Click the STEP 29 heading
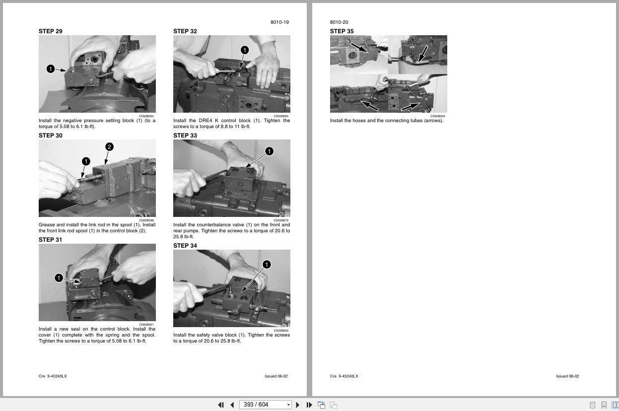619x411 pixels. (x=51, y=31)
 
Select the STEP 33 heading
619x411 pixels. (x=185, y=136)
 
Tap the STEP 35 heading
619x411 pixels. (x=342, y=31)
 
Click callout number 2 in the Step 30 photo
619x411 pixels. (x=109, y=147)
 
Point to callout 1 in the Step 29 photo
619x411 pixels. (x=51, y=69)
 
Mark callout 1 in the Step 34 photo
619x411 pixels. (x=267, y=265)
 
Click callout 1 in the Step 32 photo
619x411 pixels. (x=244, y=50)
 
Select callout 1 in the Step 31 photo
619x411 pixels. (x=59, y=278)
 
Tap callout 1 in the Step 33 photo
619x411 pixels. (x=269, y=151)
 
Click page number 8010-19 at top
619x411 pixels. (x=279, y=22)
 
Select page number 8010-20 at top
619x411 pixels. (x=339, y=22)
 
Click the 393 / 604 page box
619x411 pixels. (x=262, y=405)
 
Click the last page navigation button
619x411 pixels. (x=309, y=405)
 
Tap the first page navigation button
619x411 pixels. (x=221, y=405)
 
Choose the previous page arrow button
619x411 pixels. (x=232, y=405)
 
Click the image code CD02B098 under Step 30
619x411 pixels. (x=146, y=220)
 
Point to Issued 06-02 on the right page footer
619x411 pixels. (x=567, y=376)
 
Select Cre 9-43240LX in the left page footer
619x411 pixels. (x=53, y=376)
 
